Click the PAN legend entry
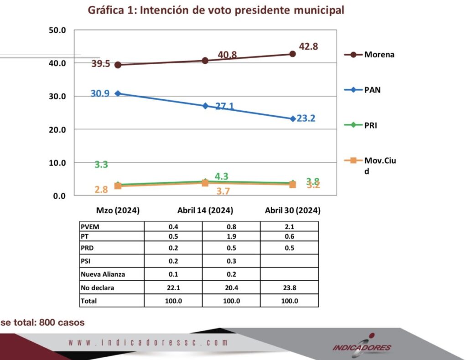pyautogui.click(x=372, y=90)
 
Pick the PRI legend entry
pyautogui.click(x=371, y=125)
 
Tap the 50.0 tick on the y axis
pyautogui.click(x=57, y=31)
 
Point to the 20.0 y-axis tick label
pyautogui.click(x=57, y=129)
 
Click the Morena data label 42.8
pyautogui.click(x=308, y=46)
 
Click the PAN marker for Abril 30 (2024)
pyautogui.click(x=292, y=118)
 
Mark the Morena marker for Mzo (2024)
pyautogui.click(x=118, y=65)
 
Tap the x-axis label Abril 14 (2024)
pyautogui.click(x=205, y=211)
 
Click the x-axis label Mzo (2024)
pyautogui.click(x=118, y=211)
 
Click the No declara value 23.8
pyautogui.click(x=289, y=288)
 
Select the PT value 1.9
pyautogui.click(x=231, y=236)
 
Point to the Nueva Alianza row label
pyautogui.click(x=102, y=274)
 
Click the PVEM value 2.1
pyautogui.click(x=289, y=226)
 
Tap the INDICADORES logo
pyautogui.click(x=362, y=346)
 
